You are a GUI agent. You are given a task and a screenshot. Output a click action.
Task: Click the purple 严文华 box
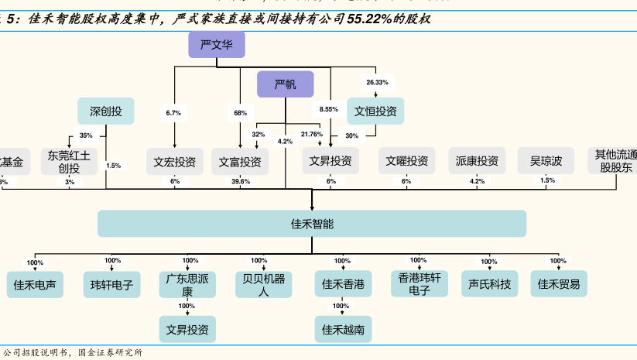point(216,45)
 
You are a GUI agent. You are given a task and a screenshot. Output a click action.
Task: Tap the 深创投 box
point(105,111)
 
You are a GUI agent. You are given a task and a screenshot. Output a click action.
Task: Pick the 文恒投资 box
point(375,111)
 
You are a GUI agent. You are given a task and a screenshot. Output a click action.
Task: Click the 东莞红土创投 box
point(69,161)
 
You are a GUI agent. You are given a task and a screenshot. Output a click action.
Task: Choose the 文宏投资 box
point(174,162)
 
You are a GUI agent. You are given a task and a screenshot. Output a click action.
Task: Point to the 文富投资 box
point(239,162)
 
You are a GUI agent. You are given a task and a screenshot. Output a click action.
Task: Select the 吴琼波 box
point(546,162)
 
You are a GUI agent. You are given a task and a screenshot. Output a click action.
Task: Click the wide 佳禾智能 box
point(312,224)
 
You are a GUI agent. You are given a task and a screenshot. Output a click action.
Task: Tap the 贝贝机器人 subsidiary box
point(263,285)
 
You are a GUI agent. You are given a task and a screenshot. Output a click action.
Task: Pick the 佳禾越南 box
point(342,330)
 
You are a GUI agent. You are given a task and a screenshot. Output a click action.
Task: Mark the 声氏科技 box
point(489,285)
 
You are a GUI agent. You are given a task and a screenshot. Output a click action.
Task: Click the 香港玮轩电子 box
point(419,285)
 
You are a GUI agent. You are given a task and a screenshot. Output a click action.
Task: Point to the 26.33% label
point(377,81)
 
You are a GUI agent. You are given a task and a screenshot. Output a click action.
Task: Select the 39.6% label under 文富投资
point(240,181)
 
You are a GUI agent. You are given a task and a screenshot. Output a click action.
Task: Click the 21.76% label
point(312,134)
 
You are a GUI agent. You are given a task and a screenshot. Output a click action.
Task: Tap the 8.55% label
point(328,109)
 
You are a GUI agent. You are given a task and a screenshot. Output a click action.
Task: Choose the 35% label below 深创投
point(85,135)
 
